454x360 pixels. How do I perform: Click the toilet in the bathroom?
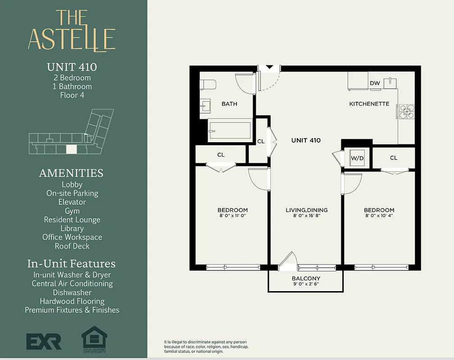pyautogui.click(x=208, y=84)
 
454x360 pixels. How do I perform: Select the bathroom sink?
pyautogui.click(x=205, y=106)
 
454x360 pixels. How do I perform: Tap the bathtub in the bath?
pyautogui.click(x=230, y=130)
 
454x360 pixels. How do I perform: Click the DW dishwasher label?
pyautogui.click(x=375, y=83)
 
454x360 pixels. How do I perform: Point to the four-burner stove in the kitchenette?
pyautogui.click(x=406, y=111)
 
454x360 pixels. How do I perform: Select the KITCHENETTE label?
pyautogui.click(x=369, y=104)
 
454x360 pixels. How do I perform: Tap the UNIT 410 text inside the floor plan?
pyautogui.click(x=306, y=140)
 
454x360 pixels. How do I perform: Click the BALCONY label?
pyautogui.click(x=306, y=279)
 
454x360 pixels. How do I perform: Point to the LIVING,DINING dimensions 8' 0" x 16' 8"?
pyautogui.click(x=306, y=216)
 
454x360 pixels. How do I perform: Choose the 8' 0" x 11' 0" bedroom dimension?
pyautogui.click(x=232, y=216)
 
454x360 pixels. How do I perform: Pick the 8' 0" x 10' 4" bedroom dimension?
pyautogui.click(x=379, y=216)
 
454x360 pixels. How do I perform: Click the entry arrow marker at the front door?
pyautogui.click(x=269, y=67)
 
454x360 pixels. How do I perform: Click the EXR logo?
pyautogui.click(x=44, y=342)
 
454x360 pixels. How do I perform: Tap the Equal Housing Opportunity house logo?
pyautogui.click(x=94, y=337)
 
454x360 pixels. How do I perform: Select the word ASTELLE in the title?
pyautogui.click(x=72, y=39)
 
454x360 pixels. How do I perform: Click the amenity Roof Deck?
pyautogui.click(x=72, y=246)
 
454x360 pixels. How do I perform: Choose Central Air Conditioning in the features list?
pyautogui.click(x=72, y=283)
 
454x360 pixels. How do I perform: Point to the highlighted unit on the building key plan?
pyautogui.click(x=71, y=149)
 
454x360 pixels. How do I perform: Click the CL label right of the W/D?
pyautogui.click(x=394, y=158)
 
